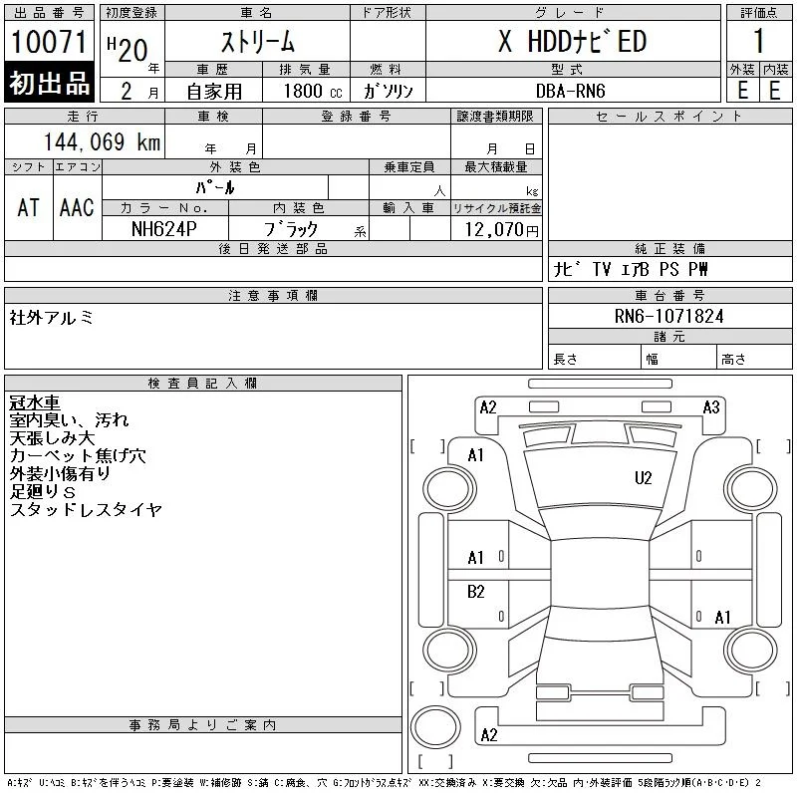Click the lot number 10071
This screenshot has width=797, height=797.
[49, 41]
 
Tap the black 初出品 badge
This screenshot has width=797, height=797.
[49, 83]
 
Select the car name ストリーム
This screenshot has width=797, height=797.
[258, 42]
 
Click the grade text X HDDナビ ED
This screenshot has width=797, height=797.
[572, 41]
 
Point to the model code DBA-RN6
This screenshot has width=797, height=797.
[570, 91]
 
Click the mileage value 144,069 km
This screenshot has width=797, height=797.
[102, 141]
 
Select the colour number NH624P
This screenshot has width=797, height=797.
[163, 229]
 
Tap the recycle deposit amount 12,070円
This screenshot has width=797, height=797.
[501, 230]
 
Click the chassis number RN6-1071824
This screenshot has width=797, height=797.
[668, 316]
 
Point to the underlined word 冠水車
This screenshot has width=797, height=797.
[35, 402]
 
